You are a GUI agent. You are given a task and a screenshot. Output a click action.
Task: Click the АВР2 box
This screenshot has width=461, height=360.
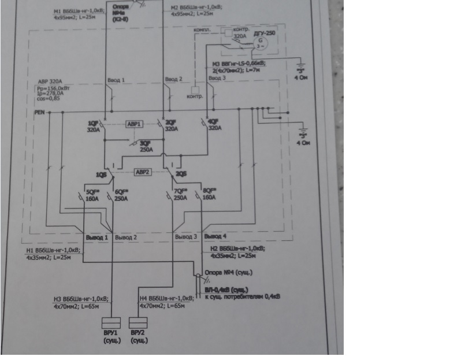(142, 172)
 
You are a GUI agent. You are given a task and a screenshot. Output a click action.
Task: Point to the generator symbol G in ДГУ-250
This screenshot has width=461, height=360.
(260, 42)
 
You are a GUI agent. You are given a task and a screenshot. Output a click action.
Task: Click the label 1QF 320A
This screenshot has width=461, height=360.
(93, 127)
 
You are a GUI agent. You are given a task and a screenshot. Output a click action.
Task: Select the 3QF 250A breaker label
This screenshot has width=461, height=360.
(146, 146)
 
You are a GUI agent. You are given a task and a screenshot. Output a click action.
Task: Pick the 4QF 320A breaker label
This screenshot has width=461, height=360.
(214, 125)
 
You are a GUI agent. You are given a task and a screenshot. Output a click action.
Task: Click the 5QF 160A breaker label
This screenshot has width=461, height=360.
(92, 195)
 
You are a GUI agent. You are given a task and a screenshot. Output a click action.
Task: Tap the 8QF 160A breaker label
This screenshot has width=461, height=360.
(209, 195)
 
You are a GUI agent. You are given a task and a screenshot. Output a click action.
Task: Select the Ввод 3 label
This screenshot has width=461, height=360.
(218, 77)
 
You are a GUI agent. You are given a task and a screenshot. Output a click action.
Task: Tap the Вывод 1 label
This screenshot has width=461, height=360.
(97, 237)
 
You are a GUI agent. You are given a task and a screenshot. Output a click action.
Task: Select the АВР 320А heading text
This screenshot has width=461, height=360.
(49, 81)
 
